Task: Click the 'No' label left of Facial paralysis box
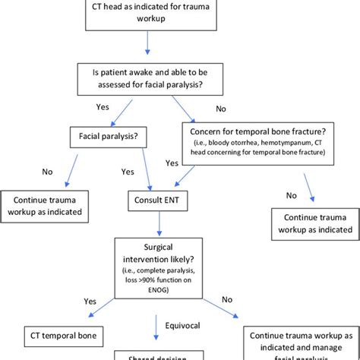(46, 172)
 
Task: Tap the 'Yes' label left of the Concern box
(171, 163)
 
